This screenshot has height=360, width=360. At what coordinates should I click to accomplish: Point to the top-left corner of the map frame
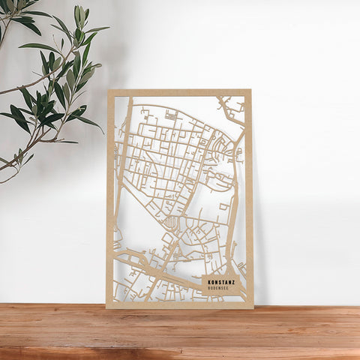pos(108,91)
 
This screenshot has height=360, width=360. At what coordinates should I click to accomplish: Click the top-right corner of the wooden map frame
pos(250,90)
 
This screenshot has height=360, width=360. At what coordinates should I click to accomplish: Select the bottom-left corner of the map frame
pos(106,307)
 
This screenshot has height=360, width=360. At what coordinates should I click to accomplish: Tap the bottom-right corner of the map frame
pos(253,307)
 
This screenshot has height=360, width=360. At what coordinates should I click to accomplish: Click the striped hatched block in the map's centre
pos(171,222)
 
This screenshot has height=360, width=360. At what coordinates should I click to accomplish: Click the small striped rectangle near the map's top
pos(171,115)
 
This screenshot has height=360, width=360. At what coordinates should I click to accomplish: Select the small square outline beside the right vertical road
pos(223,205)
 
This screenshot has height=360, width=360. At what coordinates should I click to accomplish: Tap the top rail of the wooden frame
pos(180,93)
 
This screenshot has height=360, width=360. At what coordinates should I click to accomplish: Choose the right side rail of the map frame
pos(249,195)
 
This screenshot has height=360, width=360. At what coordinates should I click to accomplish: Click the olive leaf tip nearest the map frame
pos(100,130)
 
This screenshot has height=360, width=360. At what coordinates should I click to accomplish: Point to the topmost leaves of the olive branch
pos(79,13)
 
